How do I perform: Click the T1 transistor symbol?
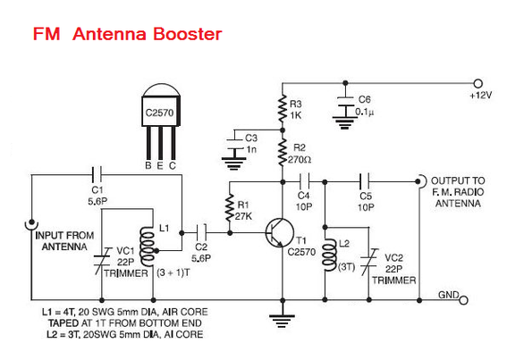click(279, 232)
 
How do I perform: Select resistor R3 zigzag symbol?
click(283, 109)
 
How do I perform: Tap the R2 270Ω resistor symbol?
click(283, 152)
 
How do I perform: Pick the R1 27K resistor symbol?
click(230, 207)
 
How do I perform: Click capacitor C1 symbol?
click(97, 175)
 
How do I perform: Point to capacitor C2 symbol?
click(201, 232)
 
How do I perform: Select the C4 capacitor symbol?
click(304, 182)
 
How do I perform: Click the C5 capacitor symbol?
click(365, 182)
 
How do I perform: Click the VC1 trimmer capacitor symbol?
click(102, 261)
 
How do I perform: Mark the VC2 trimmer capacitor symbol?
click(369, 262)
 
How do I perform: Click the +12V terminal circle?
click(477, 83)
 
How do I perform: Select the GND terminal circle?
click(463, 300)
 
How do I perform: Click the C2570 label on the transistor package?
click(159, 113)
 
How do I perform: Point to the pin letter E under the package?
click(160, 166)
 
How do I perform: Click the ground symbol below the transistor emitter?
click(283, 321)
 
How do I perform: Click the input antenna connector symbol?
click(31, 224)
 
